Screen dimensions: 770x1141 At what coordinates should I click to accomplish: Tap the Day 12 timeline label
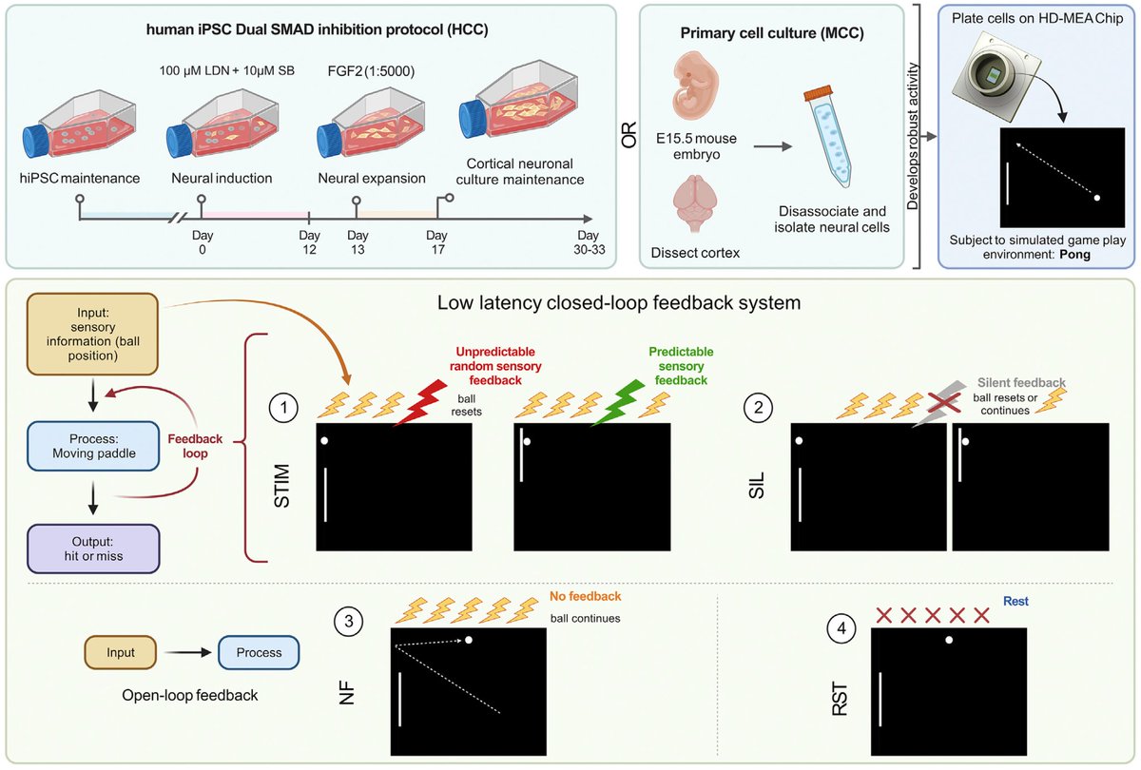click(x=309, y=242)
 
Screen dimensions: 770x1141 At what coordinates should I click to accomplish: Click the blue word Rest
click(x=1015, y=602)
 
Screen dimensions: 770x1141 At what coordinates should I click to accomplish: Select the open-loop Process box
click(x=260, y=653)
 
